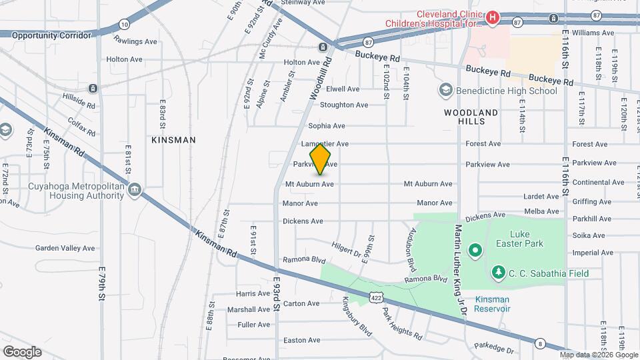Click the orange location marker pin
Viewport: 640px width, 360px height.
tap(321, 158)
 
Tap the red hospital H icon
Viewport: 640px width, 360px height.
tap(493, 17)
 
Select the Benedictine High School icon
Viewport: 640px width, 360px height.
tap(445, 90)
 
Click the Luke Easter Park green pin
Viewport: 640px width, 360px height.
tap(475, 251)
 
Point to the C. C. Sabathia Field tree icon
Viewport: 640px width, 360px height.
tap(497, 272)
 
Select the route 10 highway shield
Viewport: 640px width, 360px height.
tap(124, 23)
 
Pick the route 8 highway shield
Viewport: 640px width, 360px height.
tap(540, 343)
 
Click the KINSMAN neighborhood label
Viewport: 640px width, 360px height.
tap(173, 140)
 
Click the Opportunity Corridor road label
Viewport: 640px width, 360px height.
tap(51, 35)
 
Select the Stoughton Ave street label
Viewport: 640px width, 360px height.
tap(344, 105)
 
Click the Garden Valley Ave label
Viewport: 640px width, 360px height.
tap(65, 248)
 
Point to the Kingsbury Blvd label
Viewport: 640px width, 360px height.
tap(356, 316)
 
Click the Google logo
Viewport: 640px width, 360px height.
tap(22, 351)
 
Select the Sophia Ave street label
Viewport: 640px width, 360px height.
tap(326, 125)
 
